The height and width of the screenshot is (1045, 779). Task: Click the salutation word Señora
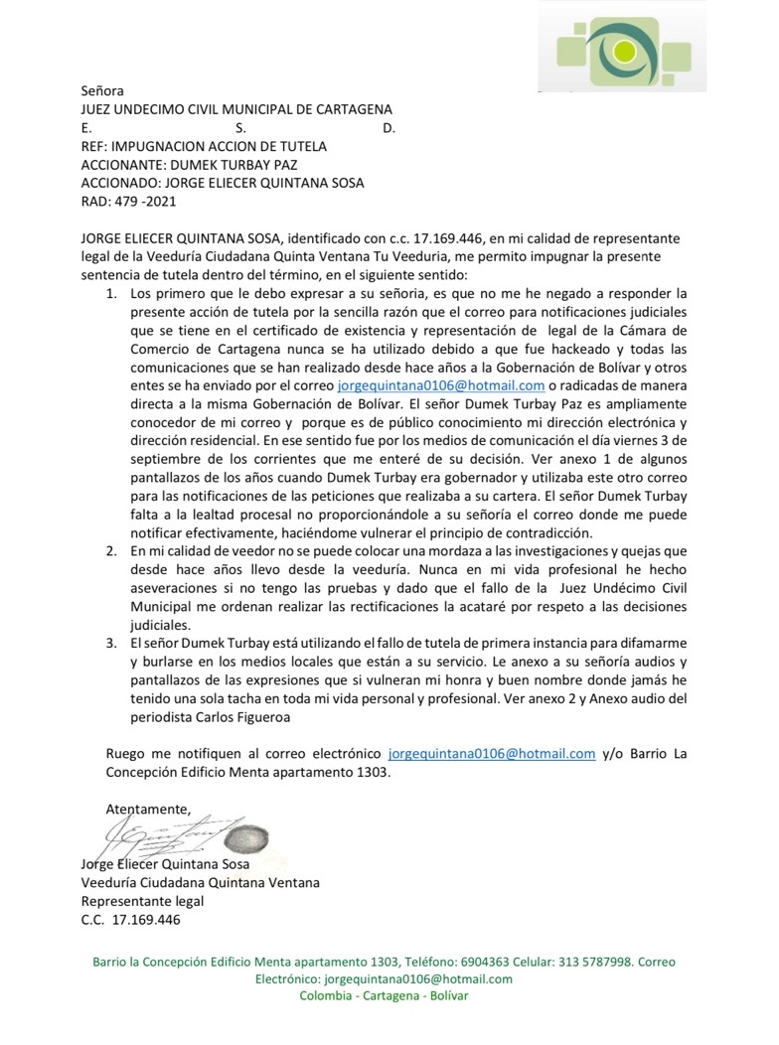(102, 90)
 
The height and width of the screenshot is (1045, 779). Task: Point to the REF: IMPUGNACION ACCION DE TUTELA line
(204, 146)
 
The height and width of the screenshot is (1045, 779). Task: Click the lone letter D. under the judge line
(389, 128)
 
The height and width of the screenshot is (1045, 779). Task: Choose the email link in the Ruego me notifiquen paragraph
(492, 753)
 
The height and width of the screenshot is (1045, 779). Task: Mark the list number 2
(111, 550)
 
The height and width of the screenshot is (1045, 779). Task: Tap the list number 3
(111, 643)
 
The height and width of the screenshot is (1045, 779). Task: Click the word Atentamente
(148, 808)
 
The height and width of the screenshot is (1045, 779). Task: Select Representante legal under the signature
(142, 901)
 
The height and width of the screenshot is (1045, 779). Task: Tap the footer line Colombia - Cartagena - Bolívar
(384, 995)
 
